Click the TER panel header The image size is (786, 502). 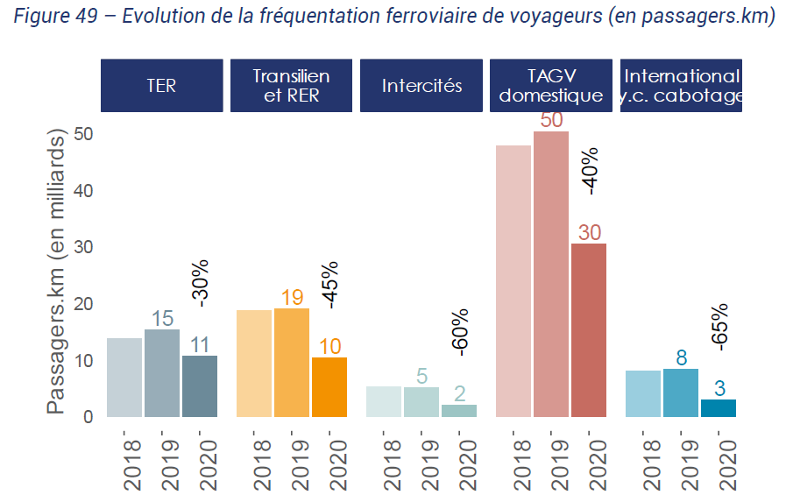click(162, 86)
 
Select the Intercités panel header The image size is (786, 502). click(421, 86)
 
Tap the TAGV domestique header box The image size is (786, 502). click(551, 86)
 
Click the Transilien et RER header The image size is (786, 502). click(292, 86)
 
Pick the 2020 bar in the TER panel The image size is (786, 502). click(200, 385)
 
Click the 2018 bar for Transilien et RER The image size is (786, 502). click(254, 364)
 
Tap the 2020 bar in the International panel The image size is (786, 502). click(719, 407)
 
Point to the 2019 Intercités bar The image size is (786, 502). click(421, 402)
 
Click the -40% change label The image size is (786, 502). click(590, 168)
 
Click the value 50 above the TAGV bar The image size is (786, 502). click(551, 120)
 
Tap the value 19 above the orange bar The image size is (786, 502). click(292, 298)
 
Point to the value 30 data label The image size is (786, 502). click(590, 232)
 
